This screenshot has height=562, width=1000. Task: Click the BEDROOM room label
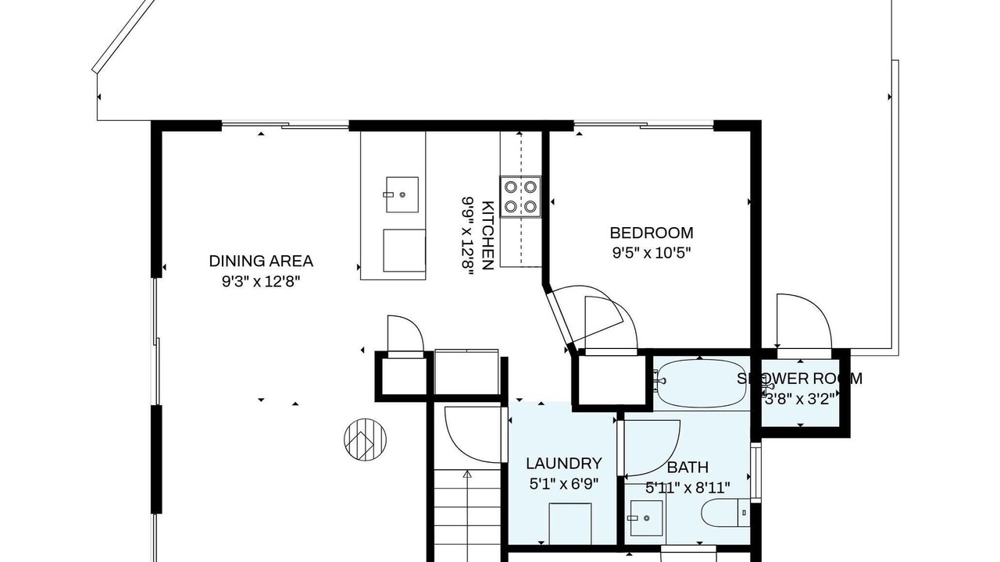pos(652,233)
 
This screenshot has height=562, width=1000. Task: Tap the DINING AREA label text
pos(261,261)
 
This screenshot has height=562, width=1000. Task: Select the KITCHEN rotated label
pos(488,236)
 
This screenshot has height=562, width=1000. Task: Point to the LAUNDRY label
pos(564,464)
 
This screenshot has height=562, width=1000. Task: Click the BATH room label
pos(687,468)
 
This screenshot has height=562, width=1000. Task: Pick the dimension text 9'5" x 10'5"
pos(652,254)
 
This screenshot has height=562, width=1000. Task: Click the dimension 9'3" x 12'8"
pos(261,282)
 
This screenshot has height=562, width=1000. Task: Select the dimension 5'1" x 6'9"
pos(564,484)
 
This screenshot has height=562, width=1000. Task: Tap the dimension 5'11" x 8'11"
pos(687,488)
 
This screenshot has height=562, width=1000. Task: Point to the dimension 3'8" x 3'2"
pos(799,399)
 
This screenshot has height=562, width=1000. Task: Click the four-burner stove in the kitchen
pos(520,197)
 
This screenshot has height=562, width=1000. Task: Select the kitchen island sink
pos(401,194)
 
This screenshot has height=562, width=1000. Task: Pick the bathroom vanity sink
pos(645,518)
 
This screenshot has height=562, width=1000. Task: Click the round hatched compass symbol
pos(365,439)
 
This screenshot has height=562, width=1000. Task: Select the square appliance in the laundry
pos(570,523)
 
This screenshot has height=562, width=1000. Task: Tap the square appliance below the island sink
pos(404,251)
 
